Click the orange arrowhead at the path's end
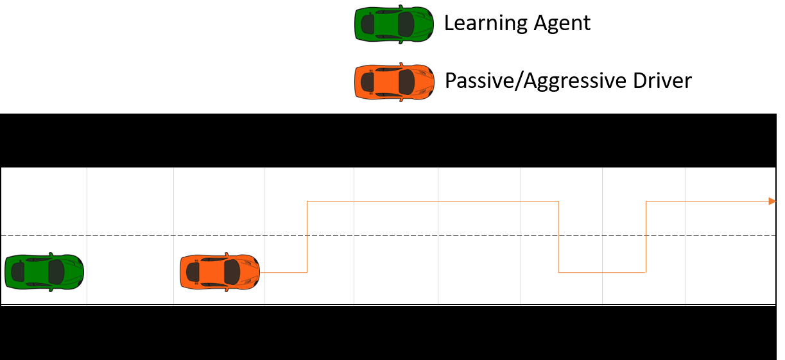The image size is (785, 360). click(x=772, y=201)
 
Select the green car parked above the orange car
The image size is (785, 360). click(x=393, y=24)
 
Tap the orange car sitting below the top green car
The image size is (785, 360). click(x=394, y=82)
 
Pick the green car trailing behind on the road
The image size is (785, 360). click(x=44, y=272)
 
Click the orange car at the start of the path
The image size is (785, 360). click(x=220, y=272)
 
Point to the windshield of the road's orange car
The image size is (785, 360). click(x=231, y=272)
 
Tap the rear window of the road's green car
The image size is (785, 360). click(x=18, y=272)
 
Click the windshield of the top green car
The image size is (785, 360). click(x=406, y=24)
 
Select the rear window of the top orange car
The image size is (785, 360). click(x=368, y=82)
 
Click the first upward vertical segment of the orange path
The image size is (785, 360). click(x=307, y=237)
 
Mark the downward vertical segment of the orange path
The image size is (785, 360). click(x=558, y=237)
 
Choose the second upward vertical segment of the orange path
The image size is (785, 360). click(x=646, y=237)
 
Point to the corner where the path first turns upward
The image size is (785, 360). click(x=307, y=273)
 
